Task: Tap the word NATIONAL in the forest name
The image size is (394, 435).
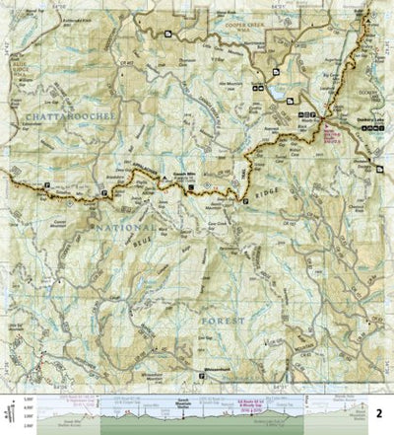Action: [x=118, y=229]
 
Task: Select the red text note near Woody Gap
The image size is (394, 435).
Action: [x=331, y=127]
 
